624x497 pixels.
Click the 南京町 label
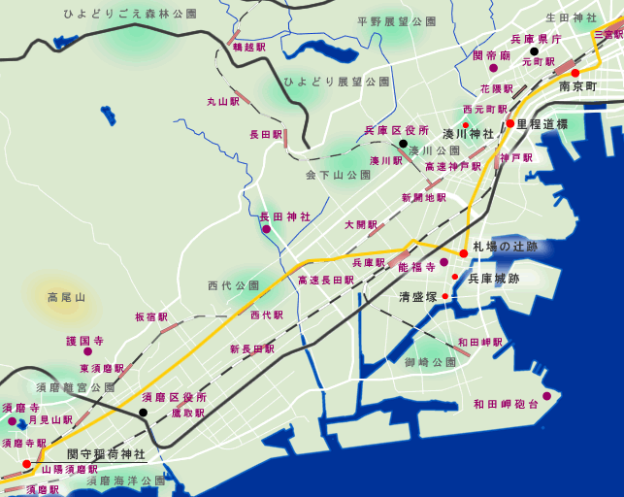(x=578, y=87)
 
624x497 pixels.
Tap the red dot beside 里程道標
(x=509, y=123)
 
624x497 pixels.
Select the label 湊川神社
(x=469, y=133)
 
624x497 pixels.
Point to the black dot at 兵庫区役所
(x=403, y=143)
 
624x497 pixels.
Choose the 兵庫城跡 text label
(x=494, y=278)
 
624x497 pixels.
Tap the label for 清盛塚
(x=418, y=297)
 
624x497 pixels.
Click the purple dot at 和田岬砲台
(x=546, y=395)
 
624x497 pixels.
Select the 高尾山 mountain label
(x=67, y=297)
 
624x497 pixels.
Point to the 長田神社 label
(x=285, y=216)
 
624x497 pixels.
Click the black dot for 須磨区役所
(x=143, y=413)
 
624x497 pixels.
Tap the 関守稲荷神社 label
(x=106, y=453)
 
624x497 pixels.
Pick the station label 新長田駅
(x=250, y=348)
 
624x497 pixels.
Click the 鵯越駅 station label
(x=249, y=47)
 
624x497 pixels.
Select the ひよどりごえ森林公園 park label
(x=129, y=15)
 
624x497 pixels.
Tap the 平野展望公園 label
(x=397, y=20)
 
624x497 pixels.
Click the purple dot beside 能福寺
(x=443, y=262)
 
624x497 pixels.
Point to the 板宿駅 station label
(x=152, y=316)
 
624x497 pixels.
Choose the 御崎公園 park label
(x=431, y=362)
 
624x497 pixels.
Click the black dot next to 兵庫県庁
(x=534, y=51)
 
